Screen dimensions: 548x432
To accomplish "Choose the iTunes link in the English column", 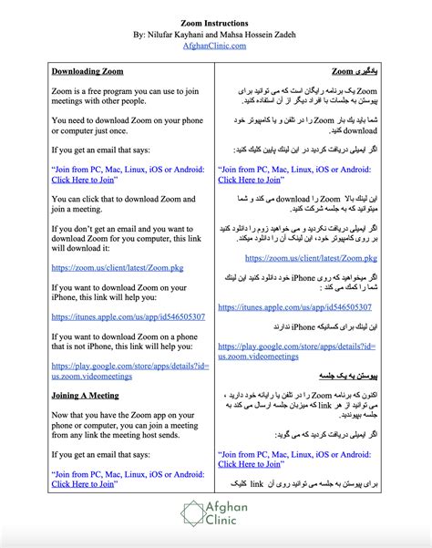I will pyautogui.click(x=128, y=317).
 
